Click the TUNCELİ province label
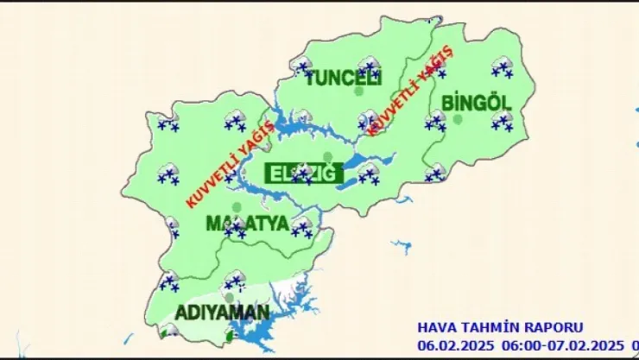pos(343,76)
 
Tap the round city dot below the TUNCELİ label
pos(359,91)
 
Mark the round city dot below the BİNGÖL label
pos(458,119)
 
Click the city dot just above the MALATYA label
pos(236,207)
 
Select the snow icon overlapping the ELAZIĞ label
pos(302,174)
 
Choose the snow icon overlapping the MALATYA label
pos(234,227)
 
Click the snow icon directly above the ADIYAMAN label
pos(233,281)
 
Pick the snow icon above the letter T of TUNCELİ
pos(302,66)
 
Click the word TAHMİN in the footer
pos(490,327)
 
